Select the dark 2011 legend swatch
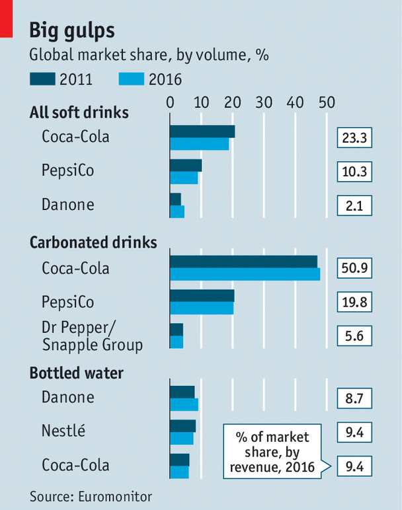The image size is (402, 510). click(x=43, y=80)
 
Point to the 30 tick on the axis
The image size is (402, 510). click(x=264, y=102)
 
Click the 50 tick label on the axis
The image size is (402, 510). click(x=326, y=102)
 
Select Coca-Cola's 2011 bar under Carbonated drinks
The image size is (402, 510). click(x=243, y=262)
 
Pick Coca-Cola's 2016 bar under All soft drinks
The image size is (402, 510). click(x=199, y=144)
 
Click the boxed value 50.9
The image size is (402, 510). click(x=354, y=270)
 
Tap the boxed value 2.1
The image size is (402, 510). click(x=354, y=205)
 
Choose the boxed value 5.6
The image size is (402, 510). click(x=354, y=336)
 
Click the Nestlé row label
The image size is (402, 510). click(x=63, y=431)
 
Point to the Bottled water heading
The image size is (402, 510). click(x=76, y=373)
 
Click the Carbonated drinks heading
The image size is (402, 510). click(x=93, y=242)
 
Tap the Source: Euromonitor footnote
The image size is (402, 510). click(x=91, y=496)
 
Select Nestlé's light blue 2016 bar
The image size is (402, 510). click(x=182, y=439)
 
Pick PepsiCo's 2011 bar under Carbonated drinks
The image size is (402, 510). click(x=202, y=295)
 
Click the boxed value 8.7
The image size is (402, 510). click(x=354, y=398)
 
